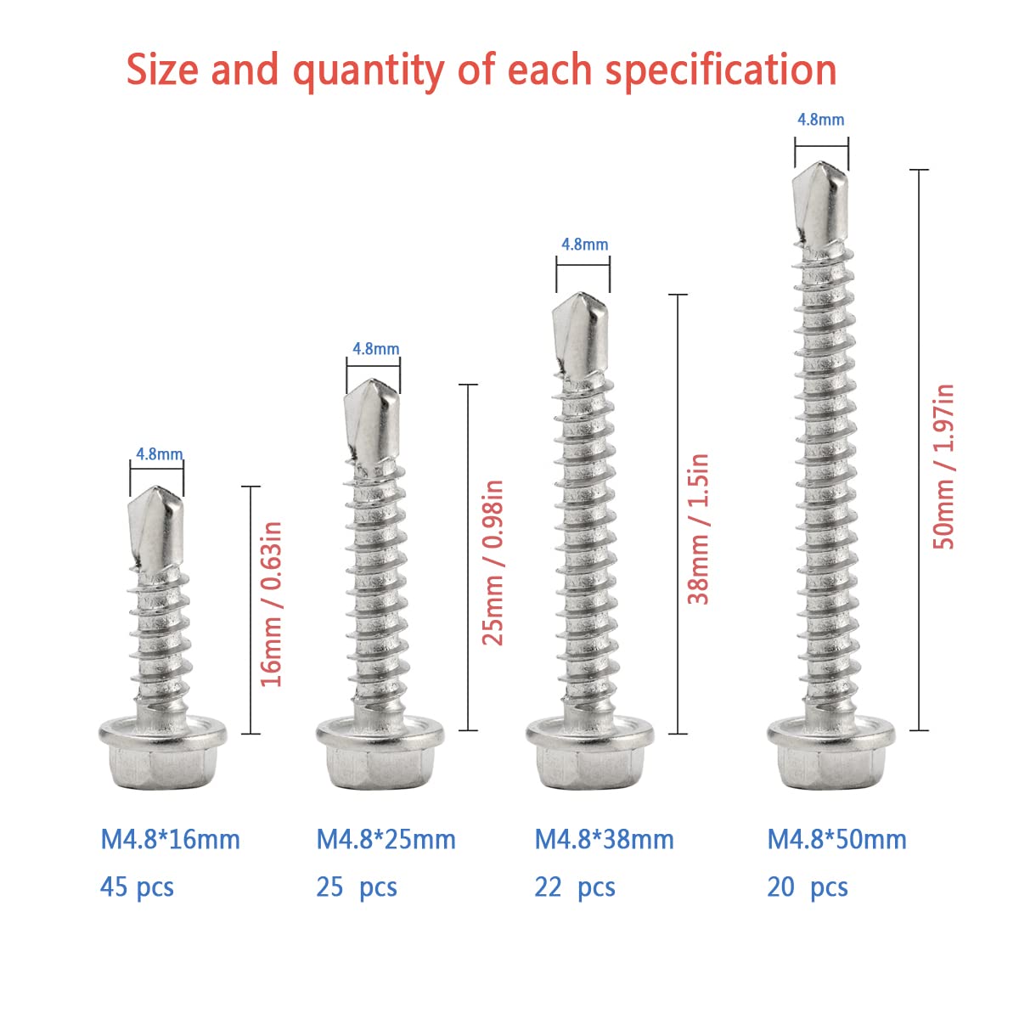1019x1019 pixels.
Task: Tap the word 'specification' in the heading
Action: coord(721,70)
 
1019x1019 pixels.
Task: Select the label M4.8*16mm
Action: coord(171,840)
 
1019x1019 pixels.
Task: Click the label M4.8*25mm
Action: coord(386,840)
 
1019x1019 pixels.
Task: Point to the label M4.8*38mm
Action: coord(604,840)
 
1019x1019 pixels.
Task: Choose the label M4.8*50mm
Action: coord(837,840)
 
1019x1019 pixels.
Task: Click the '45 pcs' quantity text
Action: coord(137,887)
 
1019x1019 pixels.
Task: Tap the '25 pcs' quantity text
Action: coord(357,887)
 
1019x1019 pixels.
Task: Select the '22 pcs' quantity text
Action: coord(575,887)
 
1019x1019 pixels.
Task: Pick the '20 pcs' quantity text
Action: coord(808,887)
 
